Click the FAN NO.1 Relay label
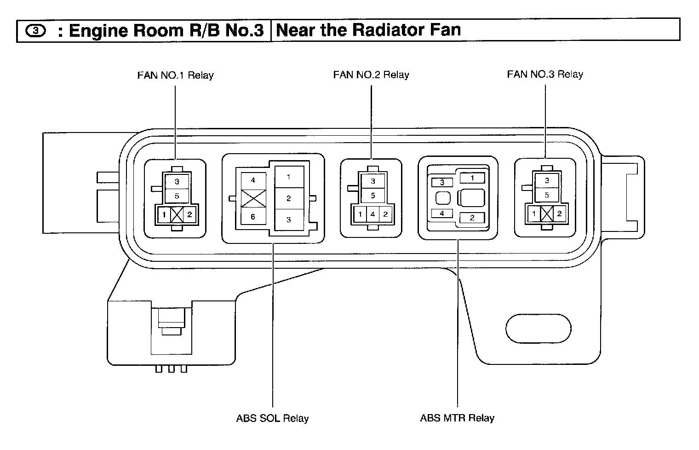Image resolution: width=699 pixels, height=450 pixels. point(175,75)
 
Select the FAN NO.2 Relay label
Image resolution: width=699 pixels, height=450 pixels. point(371,75)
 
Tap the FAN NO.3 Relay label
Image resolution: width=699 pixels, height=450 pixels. point(545,74)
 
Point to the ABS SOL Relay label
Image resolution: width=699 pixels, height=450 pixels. point(272,418)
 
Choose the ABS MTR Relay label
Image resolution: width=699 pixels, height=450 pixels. point(457,418)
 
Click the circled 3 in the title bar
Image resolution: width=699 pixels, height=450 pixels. point(36,31)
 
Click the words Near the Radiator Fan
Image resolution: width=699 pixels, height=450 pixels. point(368,30)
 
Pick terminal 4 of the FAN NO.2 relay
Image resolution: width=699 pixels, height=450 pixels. point(373,214)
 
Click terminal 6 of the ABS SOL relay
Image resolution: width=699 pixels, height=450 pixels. point(253,217)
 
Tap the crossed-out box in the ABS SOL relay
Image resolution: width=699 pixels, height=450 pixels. point(253,199)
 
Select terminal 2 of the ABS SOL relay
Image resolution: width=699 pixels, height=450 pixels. point(289,198)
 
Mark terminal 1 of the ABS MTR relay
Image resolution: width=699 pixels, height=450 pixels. point(472,178)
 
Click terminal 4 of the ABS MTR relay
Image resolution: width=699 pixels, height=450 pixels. point(442,213)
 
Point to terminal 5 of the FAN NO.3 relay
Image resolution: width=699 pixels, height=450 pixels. point(547,195)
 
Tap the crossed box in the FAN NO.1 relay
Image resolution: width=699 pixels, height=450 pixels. point(177,214)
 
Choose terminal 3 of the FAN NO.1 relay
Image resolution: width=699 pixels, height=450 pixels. point(177,182)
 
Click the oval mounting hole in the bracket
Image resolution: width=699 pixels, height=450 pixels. point(538,329)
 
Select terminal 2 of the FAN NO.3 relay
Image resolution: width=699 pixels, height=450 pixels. point(559,213)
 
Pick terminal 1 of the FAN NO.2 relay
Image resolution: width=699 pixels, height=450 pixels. point(361,214)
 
